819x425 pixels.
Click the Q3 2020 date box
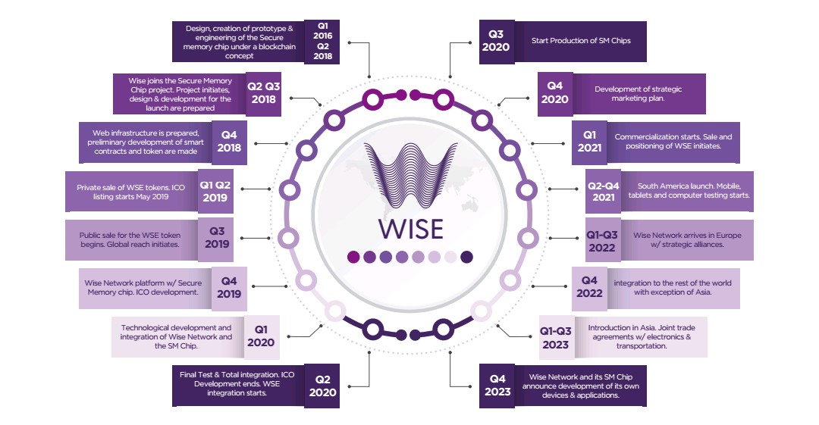pos(497,42)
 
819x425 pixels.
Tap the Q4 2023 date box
pos(497,386)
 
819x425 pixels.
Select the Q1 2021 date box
pos(589,142)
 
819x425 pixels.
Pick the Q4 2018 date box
pos(229,142)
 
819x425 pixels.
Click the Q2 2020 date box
pos(322,386)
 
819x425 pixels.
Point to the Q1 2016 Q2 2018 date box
pos(322,41)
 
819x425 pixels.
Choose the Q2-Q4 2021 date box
pos(604,192)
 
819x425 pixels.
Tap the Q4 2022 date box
pos(589,288)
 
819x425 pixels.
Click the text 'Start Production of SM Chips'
pos(581,41)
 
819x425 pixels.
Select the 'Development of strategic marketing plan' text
pos(638,93)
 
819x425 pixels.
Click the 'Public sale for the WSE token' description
pos(130,239)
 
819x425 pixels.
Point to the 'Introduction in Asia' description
pos(642,337)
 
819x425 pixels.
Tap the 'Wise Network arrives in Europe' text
pos(687,239)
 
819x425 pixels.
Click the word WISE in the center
pos(410,230)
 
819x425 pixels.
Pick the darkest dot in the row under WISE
pos(467,257)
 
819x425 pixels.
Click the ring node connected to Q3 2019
pos(288,238)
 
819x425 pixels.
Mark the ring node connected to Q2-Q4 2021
pos(526,189)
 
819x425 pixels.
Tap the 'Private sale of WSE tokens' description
pos(130,192)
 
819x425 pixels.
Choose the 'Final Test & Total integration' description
pos(237,384)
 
